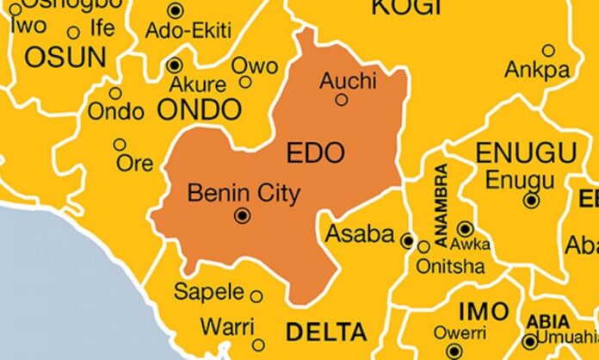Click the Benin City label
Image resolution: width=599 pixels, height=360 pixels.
pyautogui.click(x=244, y=193)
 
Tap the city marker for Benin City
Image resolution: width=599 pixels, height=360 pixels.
pyautogui.click(x=243, y=215)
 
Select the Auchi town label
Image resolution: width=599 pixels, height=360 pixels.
pyautogui.click(x=348, y=81)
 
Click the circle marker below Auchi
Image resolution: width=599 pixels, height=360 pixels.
pyautogui.click(x=342, y=100)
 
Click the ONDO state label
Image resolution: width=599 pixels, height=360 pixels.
pyautogui.click(x=199, y=109)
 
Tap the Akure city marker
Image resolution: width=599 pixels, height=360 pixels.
pyautogui.click(x=176, y=65)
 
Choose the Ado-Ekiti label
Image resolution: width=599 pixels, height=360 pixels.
pyautogui.click(x=188, y=31)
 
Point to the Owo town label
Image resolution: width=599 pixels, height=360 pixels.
pyautogui.click(x=255, y=65)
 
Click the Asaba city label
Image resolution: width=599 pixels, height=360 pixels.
pyautogui.click(x=360, y=234)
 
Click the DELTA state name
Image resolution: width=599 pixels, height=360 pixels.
pyautogui.click(x=325, y=332)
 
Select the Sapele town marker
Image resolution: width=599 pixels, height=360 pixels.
pyautogui.click(x=256, y=295)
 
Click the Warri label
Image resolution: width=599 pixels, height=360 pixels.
pyautogui.click(x=227, y=327)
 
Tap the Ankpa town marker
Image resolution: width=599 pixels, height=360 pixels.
pyautogui.click(x=548, y=50)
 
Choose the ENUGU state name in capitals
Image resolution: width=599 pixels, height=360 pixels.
pyautogui.click(x=525, y=153)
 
